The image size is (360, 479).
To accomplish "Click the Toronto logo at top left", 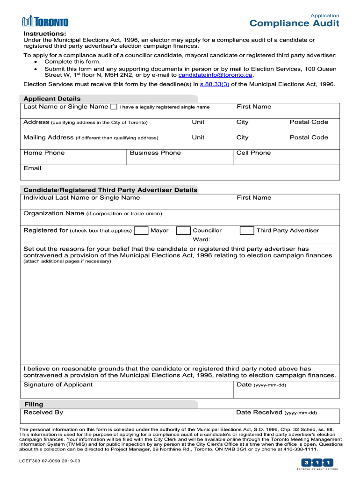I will [45, 22].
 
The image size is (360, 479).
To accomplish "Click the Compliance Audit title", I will [294, 23].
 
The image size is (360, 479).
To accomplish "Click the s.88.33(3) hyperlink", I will [214, 84].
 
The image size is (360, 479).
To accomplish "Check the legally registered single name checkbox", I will [114, 107].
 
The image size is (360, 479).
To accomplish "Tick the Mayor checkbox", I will [140, 231].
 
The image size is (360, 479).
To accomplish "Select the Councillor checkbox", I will [183, 231].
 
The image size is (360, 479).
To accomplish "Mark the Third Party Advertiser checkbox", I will [247, 231].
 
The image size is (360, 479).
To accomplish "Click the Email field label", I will [32, 168].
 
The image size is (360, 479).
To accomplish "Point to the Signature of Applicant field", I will [127, 389].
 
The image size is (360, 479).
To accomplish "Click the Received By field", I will [127, 416].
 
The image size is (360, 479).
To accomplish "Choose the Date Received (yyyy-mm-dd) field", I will [286, 416].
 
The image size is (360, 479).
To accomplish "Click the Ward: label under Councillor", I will [202, 239].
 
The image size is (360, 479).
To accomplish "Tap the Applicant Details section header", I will [52, 99].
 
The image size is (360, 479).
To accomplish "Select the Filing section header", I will [33, 404].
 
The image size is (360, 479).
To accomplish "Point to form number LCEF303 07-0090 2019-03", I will [50, 461].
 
